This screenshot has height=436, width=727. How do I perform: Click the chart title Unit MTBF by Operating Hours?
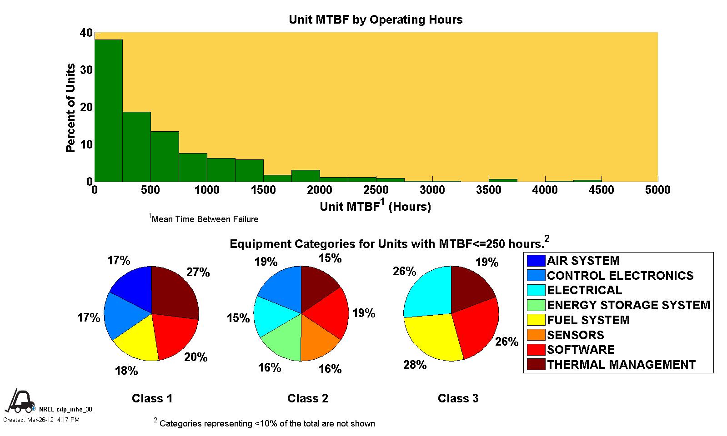tap(376, 20)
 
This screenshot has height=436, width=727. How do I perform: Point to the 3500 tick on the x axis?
tap(489, 190)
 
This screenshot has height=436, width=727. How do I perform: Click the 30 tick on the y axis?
tap(86, 70)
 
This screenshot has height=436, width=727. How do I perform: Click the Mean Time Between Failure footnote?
tap(204, 219)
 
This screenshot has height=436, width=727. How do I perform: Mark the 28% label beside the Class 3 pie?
tap(415, 365)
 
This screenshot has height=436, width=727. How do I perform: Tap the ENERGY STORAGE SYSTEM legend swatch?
tap(536, 305)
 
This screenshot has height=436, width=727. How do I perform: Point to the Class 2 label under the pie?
tap(307, 398)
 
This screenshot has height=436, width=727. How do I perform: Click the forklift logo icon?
tap(20, 400)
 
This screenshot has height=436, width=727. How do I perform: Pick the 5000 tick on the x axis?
tap(657, 190)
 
